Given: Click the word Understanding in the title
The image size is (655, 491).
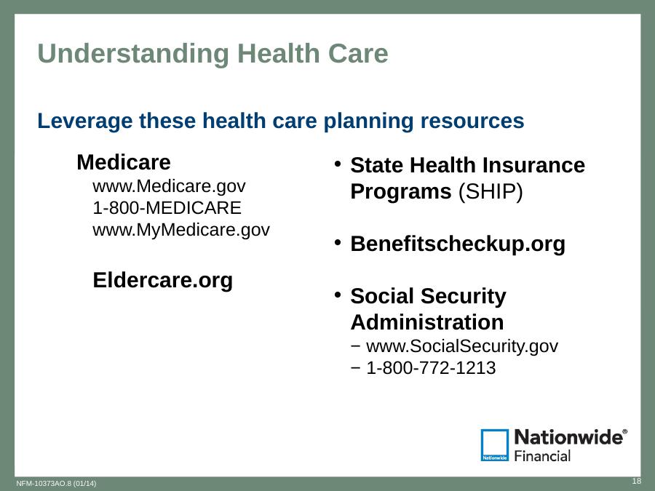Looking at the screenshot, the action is (133, 54).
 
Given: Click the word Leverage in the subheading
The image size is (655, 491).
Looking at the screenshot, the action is (85, 121).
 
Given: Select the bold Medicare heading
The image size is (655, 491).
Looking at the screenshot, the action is (124, 162).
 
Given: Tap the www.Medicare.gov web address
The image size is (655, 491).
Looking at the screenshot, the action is (169, 186).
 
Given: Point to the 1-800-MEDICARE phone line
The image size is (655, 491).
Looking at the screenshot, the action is (167, 208).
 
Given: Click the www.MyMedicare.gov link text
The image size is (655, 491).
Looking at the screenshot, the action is (181, 230).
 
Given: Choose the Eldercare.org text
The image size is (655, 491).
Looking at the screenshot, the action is (163, 280).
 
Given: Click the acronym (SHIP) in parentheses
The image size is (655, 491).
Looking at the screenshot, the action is (491, 191).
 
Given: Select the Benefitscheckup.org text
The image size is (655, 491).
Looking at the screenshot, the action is (458, 244).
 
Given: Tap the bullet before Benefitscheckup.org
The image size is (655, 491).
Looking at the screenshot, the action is (338, 242).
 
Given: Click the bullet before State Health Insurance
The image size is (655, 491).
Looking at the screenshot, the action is (338, 164).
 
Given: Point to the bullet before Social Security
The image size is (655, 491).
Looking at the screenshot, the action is (338, 295).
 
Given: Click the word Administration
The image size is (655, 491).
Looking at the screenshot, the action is (427, 322).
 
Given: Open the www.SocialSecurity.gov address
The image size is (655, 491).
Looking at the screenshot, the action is (462, 346).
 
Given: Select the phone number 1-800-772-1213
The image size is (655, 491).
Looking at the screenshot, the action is (431, 368).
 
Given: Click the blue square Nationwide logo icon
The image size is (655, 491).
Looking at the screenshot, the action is (495, 445).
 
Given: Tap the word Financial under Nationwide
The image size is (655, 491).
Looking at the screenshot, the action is (542, 456).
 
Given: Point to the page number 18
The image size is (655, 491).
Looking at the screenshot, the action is (637, 481).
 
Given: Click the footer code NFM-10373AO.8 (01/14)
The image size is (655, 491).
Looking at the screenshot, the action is (56, 484).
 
